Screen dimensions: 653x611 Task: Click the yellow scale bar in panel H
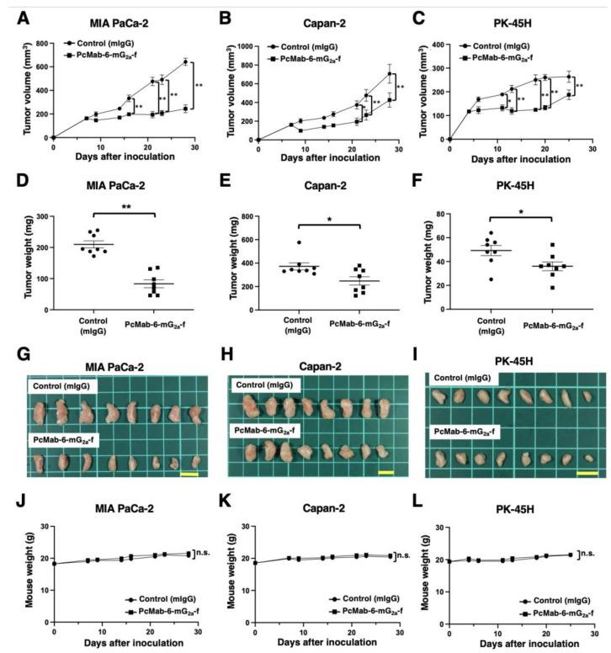386,472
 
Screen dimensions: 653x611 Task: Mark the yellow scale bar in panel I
587,473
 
